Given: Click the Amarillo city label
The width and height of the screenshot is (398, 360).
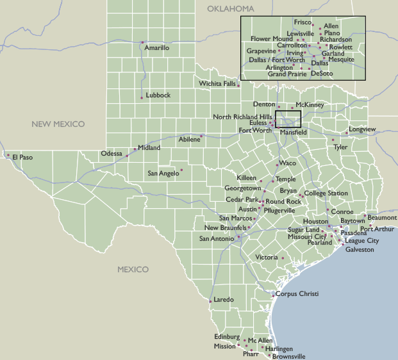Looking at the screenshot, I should coord(157,48).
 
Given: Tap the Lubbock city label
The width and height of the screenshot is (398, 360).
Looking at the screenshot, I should coord(158,95).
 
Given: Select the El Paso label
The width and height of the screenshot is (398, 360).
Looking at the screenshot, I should coord(22,157).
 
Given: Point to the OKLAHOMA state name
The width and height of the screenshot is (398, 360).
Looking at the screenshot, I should coord(231,9).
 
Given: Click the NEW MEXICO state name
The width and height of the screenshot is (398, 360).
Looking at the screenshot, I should coord(59,124).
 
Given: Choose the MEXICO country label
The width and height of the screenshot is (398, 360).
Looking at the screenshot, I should coord(133,270).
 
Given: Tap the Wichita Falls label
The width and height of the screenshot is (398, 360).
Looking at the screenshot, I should coord(217,84).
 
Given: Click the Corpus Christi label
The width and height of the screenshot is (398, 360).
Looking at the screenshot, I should coord(297,294).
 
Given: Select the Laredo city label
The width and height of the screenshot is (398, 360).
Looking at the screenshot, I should coord(224,300).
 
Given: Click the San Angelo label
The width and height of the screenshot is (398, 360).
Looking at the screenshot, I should coord(163,174).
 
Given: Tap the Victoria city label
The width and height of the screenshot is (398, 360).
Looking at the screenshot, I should coord(267,258).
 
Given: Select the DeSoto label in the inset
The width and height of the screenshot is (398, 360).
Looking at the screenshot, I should coord(322,74).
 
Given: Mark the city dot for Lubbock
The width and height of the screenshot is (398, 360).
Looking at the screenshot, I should coord(142,97).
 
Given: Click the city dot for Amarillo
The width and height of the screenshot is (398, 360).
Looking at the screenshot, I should coord(142,43).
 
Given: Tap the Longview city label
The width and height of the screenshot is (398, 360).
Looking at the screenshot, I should coord(363,129).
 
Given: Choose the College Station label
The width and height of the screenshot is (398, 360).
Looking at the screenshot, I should coord(326,193).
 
